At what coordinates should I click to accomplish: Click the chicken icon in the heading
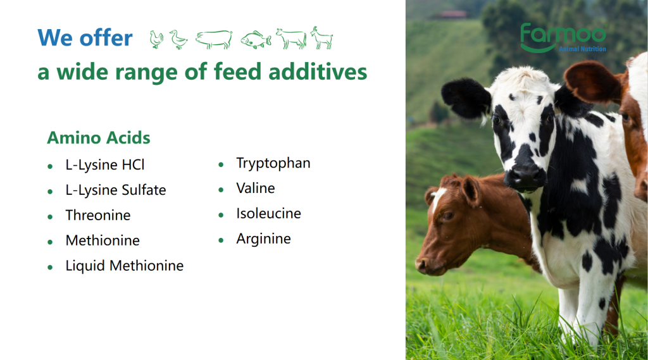(x=156, y=40)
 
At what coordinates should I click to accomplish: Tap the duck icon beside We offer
(x=178, y=40)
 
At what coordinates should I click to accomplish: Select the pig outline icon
(x=214, y=40)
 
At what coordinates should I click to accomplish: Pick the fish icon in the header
(x=256, y=40)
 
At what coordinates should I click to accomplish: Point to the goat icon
(x=322, y=38)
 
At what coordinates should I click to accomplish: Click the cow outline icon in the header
(x=291, y=39)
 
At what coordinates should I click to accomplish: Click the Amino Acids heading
(x=98, y=138)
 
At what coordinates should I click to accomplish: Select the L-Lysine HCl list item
(x=105, y=165)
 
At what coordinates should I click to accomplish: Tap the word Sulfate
(x=144, y=190)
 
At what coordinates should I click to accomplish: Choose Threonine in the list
(x=98, y=215)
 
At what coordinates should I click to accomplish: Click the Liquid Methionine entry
(x=125, y=266)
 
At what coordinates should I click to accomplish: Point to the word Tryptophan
(x=273, y=163)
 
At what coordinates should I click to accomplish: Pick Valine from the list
(x=256, y=189)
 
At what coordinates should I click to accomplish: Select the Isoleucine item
(x=268, y=214)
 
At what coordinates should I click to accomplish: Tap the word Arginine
(x=263, y=239)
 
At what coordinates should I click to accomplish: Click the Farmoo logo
(x=563, y=38)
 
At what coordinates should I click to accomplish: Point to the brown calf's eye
(x=448, y=216)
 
